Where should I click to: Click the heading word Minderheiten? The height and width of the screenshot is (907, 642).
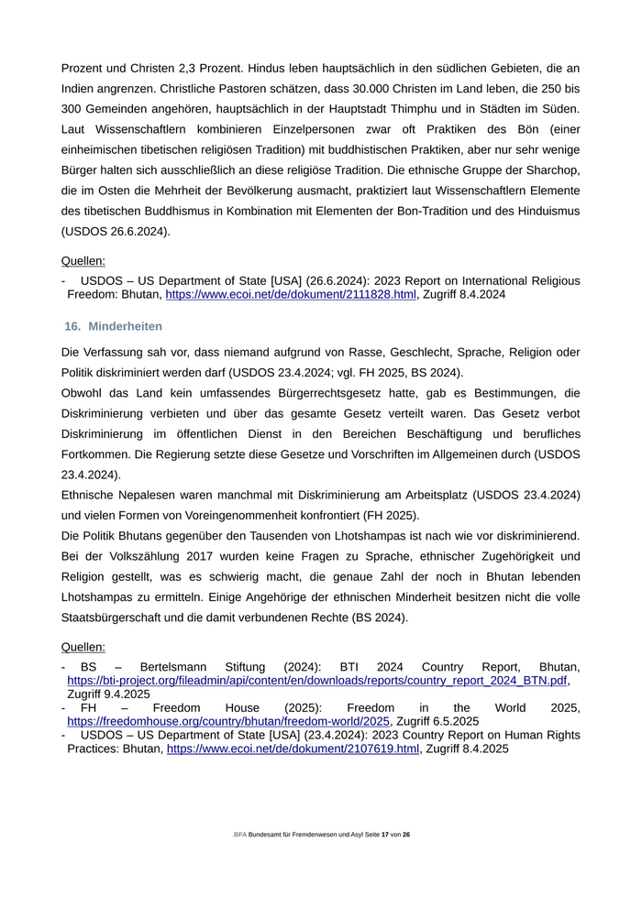tap(126, 326)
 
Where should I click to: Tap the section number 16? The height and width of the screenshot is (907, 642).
tap(72, 326)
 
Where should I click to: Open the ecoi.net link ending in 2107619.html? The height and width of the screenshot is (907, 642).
tap(293, 749)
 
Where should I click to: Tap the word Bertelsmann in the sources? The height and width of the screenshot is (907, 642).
tap(174, 667)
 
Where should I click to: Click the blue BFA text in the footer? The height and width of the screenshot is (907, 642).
tap(240, 835)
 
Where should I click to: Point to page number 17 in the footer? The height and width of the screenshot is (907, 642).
tap(386, 835)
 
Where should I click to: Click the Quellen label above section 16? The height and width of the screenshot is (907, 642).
tap(83, 261)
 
